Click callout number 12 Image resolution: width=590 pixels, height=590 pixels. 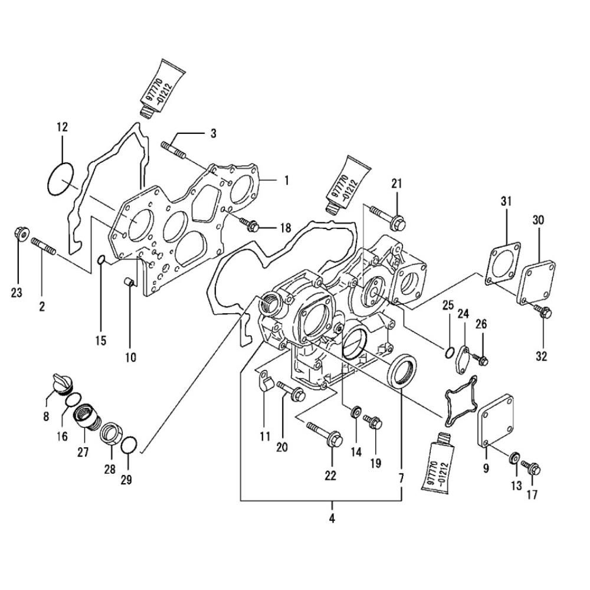(x=62, y=127)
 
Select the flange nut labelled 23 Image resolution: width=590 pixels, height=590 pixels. (x=19, y=234)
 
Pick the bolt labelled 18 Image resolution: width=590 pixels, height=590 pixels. (x=250, y=224)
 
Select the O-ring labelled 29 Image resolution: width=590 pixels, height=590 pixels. (x=130, y=446)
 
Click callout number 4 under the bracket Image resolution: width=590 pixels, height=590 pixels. (x=332, y=520)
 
